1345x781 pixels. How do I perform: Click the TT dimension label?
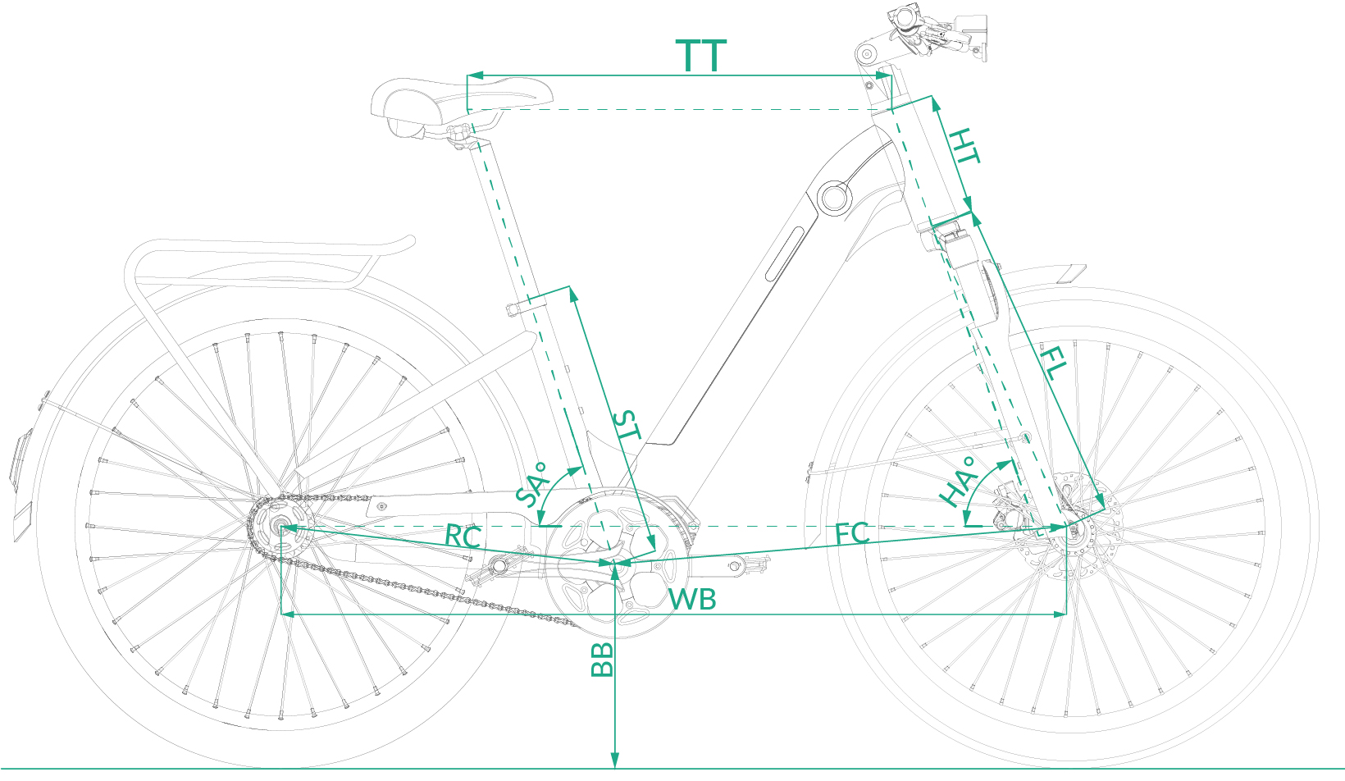pyautogui.click(x=701, y=56)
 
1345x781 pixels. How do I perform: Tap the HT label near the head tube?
pyautogui.click(x=964, y=146)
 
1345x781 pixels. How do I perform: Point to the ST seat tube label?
pyautogui.click(x=627, y=425)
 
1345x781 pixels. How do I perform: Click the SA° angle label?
pyautogui.click(x=531, y=485)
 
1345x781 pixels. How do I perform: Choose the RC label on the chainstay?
pyautogui.click(x=463, y=537)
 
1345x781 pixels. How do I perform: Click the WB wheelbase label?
pyautogui.click(x=692, y=600)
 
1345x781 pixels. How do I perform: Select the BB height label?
pyautogui.click(x=603, y=660)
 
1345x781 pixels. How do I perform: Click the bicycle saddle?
pyautogui.click(x=426, y=103)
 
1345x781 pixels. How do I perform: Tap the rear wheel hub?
pyautogui.click(x=281, y=527)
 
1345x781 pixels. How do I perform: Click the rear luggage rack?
pyautogui.click(x=262, y=263)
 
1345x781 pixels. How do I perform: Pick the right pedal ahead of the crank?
pyautogui.click(x=746, y=563)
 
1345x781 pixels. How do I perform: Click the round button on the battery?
pyautogui.click(x=834, y=197)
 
